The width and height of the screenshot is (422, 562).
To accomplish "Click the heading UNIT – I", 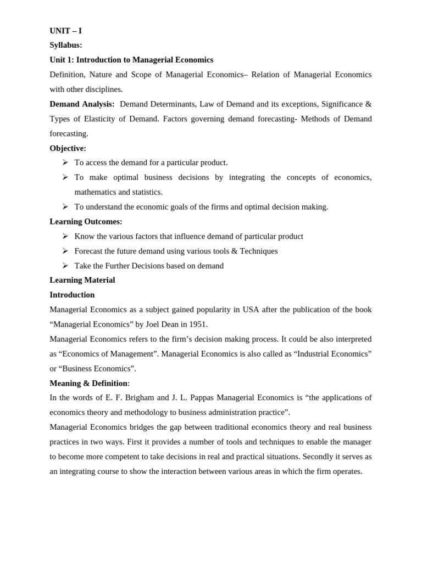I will click(x=65, y=31).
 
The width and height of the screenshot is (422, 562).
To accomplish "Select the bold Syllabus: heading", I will click(x=66, y=45).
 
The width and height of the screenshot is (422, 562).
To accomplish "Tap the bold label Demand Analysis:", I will click(x=82, y=104).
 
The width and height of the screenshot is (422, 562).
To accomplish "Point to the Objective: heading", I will click(x=68, y=148).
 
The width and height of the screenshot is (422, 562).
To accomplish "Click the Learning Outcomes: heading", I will click(x=86, y=222).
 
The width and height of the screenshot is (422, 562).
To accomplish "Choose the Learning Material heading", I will click(x=82, y=280).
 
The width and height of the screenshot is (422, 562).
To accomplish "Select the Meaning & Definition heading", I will click(x=88, y=383).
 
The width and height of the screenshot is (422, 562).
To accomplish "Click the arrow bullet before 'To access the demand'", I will click(x=65, y=162).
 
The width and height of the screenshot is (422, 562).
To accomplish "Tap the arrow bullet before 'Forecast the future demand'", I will click(x=65, y=251).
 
